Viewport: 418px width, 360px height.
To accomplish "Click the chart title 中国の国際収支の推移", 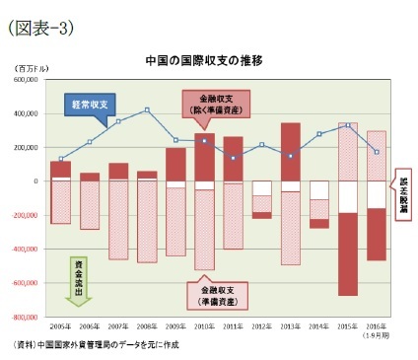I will pyautogui.click(x=203, y=59).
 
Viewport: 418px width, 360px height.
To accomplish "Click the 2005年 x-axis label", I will pyautogui.click(x=61, y=324).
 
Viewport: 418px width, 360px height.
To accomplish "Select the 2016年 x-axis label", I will pyautogui.click(x=377, y=324).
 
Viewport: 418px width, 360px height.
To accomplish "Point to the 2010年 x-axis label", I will pyautogui.click(x=204, y=324).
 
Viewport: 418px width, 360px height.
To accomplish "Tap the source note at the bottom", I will pyautogui.click(x=98, y=346).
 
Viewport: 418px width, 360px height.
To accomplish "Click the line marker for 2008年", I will pyautogui.click(x=147, y=109).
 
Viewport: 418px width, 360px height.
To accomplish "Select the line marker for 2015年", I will pyautogui.click(x=348, y=125).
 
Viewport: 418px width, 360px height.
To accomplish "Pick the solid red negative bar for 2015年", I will pyautogui.click(x=348, y=253).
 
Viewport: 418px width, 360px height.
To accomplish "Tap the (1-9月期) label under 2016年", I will pyautogui.click(x=377, y=333).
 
